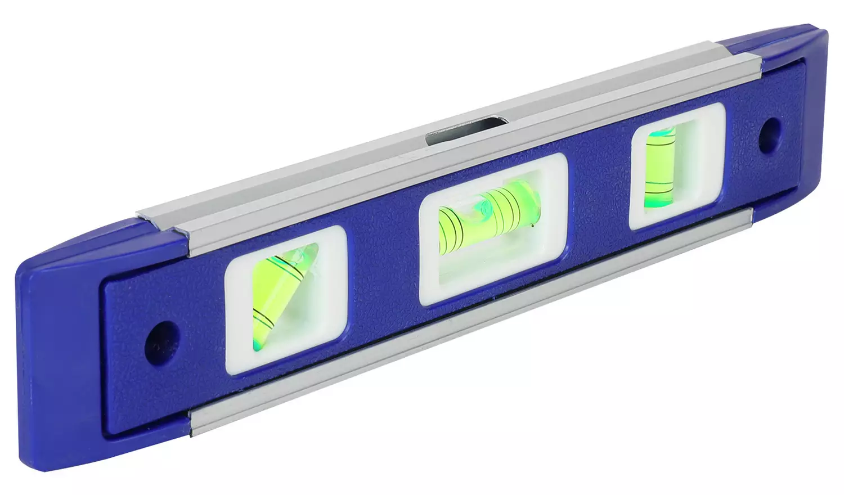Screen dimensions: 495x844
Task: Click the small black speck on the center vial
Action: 531,226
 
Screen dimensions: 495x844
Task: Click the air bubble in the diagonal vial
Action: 293,264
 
